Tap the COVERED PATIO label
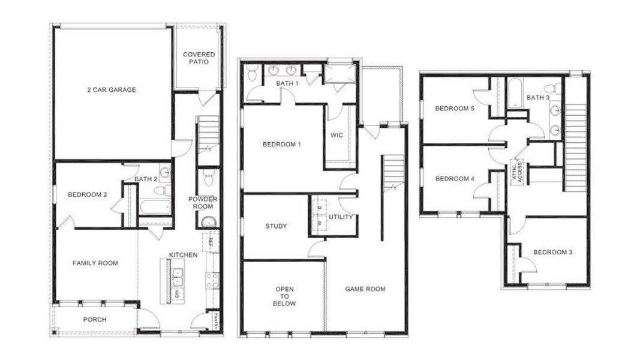pos(199,58)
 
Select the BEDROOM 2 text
pos(88,194)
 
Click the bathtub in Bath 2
pos(154,207)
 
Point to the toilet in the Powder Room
pos(208,178)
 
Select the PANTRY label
pos(214,321)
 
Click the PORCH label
pos(95,320)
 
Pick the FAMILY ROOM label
pos(95,263)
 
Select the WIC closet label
pos(336,135)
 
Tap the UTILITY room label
pos(341,217)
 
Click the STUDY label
pos(276,226)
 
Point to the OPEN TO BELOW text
pos(285,296)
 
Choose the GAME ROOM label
pos(365,289)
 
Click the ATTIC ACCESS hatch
pos(517,172)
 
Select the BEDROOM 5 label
pos(455,109)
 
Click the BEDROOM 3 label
pos(552,252)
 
